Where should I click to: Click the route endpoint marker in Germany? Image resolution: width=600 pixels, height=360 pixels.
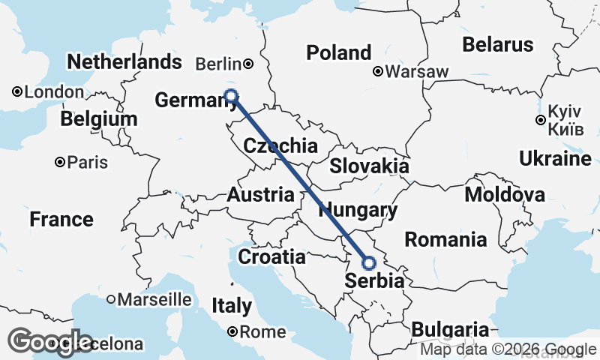232,96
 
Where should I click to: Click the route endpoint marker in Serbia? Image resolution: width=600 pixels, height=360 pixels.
369,263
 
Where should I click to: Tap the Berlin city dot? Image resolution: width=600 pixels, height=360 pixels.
248,64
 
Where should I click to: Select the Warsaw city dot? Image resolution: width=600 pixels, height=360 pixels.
379,73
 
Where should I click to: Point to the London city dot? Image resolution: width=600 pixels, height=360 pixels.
16,91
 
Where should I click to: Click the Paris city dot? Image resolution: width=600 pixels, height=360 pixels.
59,162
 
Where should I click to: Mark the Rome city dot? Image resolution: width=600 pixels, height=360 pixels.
233,331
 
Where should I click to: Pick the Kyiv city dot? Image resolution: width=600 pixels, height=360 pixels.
540,119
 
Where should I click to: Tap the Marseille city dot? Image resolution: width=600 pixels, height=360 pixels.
111,298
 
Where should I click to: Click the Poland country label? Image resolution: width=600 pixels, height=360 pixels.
339,52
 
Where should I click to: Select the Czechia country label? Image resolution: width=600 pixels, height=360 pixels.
280,145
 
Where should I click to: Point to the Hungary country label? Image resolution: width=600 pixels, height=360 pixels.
358,211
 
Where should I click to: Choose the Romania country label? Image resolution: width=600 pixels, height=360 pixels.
445,240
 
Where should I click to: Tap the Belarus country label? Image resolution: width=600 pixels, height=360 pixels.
498,44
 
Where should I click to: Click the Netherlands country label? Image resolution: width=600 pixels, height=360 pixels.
124,61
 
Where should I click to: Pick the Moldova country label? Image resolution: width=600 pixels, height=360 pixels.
505,195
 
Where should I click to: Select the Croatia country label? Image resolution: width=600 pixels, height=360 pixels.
271,257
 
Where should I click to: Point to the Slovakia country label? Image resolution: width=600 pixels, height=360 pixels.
369,166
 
